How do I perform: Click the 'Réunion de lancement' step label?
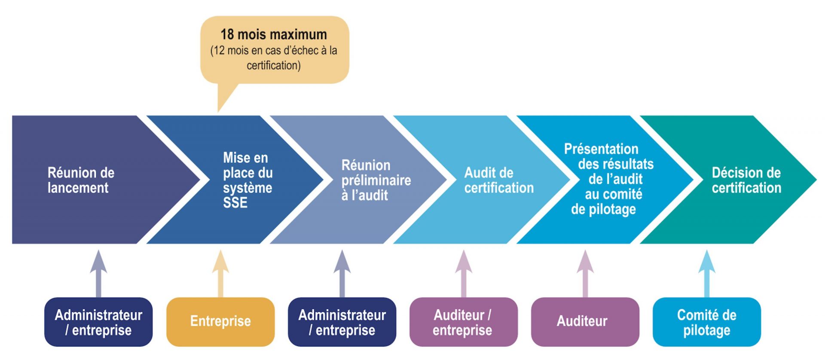pyautogui.click(x=81, y=180)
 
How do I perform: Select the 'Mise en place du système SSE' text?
pyautogui.click(x=247, y=180)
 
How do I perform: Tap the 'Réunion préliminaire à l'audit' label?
pyautogui.click(x=376, y=180)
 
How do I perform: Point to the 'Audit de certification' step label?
pyautogui.click(x=498, y=180)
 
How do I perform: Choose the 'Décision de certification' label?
pyautogui.click(x=746, y=180)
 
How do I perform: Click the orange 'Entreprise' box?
pyautogui.click(x=220, y=321)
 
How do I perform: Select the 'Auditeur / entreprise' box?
pyautogui.click(x=463, y=322)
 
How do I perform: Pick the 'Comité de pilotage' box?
pyautogui.click(x=706, y=322)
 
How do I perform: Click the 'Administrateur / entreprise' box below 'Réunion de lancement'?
pyautogui.click(x=98, y=322)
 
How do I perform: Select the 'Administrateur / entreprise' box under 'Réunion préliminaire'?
pyautogui.click(x=342, y=322)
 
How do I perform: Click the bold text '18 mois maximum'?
pyautogui.click(x=274, y=34)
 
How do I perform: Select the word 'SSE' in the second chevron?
pyautogui.click(x=235, y=203)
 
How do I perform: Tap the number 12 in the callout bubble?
pyautogui.click(x=219, y=51)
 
